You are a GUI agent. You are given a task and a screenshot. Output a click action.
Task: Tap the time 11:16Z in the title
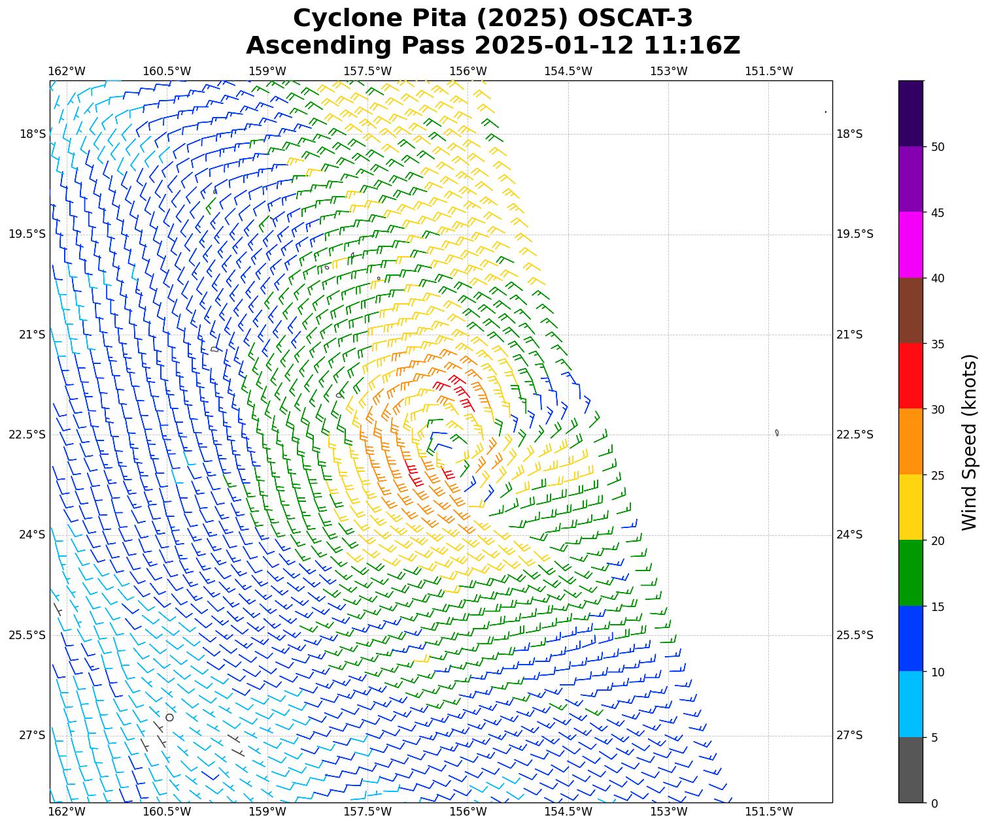692,46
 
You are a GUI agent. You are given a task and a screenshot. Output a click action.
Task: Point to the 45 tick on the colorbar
938,212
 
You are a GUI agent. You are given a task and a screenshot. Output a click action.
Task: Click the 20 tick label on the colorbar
938,541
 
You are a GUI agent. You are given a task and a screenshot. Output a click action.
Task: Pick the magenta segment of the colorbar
910,244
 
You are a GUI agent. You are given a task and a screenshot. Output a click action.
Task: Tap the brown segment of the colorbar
910,310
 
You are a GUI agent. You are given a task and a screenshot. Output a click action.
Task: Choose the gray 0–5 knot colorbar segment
910,770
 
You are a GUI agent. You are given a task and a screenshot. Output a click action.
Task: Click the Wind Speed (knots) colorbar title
970,442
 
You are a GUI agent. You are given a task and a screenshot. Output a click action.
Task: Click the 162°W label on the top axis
67,71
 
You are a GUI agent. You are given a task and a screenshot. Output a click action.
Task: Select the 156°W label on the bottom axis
468,812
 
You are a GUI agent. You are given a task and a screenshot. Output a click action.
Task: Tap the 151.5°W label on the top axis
769,71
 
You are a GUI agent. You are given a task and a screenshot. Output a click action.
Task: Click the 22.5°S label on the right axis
854,435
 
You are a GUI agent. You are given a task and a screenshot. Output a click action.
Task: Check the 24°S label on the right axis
849,535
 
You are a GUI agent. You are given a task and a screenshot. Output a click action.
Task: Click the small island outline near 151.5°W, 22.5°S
776,433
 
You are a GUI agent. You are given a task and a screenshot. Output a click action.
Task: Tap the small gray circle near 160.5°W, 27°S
169,717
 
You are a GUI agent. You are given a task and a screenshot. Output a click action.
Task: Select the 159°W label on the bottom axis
267,812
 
